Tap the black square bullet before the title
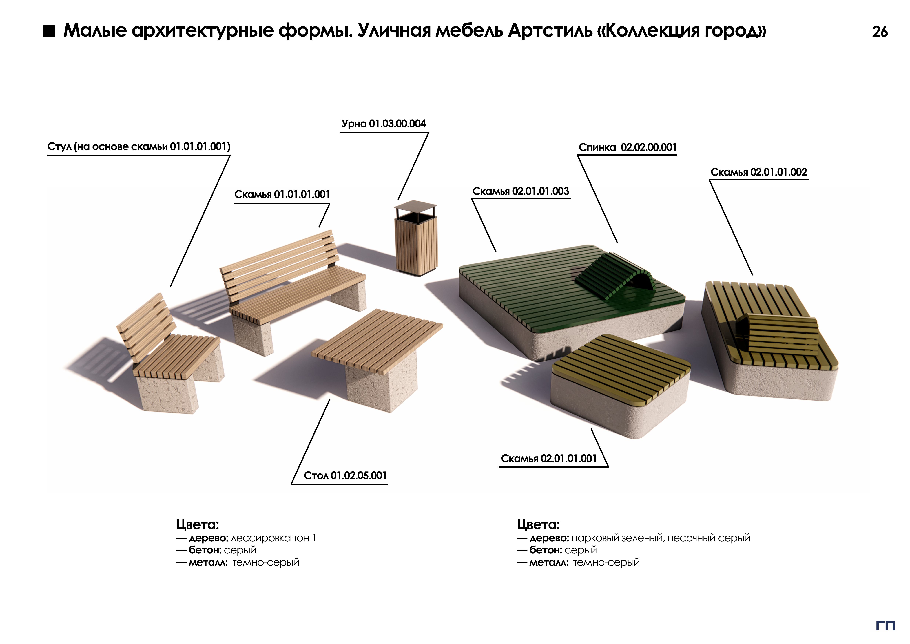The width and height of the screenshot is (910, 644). (49, 31)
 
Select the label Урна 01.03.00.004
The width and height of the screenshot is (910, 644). (383, 124)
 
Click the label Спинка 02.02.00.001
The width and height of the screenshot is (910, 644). (627, 148)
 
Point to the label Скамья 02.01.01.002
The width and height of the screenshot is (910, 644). (759, 172)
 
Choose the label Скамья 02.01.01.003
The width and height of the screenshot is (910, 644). (520, 191)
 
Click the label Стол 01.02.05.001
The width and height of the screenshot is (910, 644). (345, 475)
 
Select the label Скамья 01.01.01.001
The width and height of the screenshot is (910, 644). (282, 194)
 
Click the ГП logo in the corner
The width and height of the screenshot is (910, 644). (885, 626)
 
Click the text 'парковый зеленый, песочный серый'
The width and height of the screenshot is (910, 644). (661, 538)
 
